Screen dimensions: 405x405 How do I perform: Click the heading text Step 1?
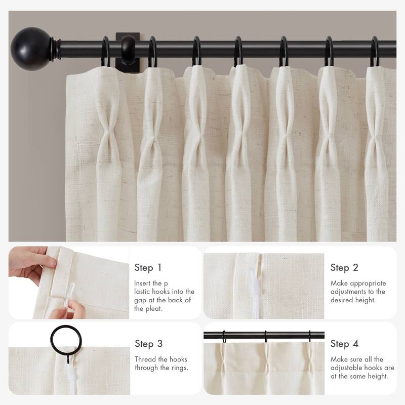pyautogui.click(x=148, y=267)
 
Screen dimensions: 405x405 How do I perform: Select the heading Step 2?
pyautogui.click(x=344, y=267)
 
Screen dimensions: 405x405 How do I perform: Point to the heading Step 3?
pyautogui.click(x=148, y=344)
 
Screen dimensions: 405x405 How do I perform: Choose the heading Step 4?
pyautogui.click(x=344, y=344)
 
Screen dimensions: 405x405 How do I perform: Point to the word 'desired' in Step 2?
pyautogui.click(x=342, y=300)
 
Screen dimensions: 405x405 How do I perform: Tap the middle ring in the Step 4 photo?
pyautogui.click(x=265, y=335)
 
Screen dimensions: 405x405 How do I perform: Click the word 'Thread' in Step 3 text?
pyautogui.click(x=145, y=359)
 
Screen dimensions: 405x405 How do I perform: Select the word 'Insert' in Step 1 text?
pyautogui.click(x=143, y=283)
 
